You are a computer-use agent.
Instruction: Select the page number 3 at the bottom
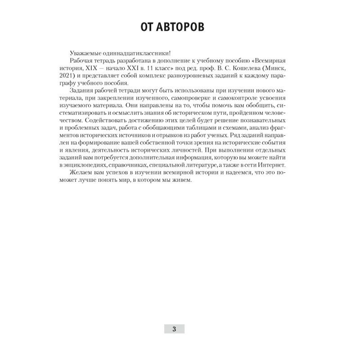[174, 328]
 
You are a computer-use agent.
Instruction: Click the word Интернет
[285, 167]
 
